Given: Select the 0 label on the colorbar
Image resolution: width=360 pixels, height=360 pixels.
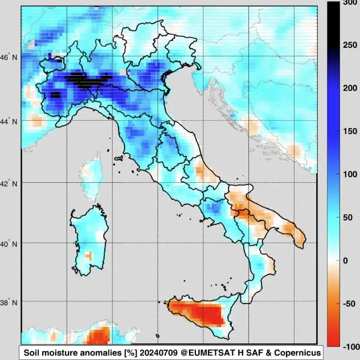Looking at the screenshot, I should [x=345, y=260].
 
